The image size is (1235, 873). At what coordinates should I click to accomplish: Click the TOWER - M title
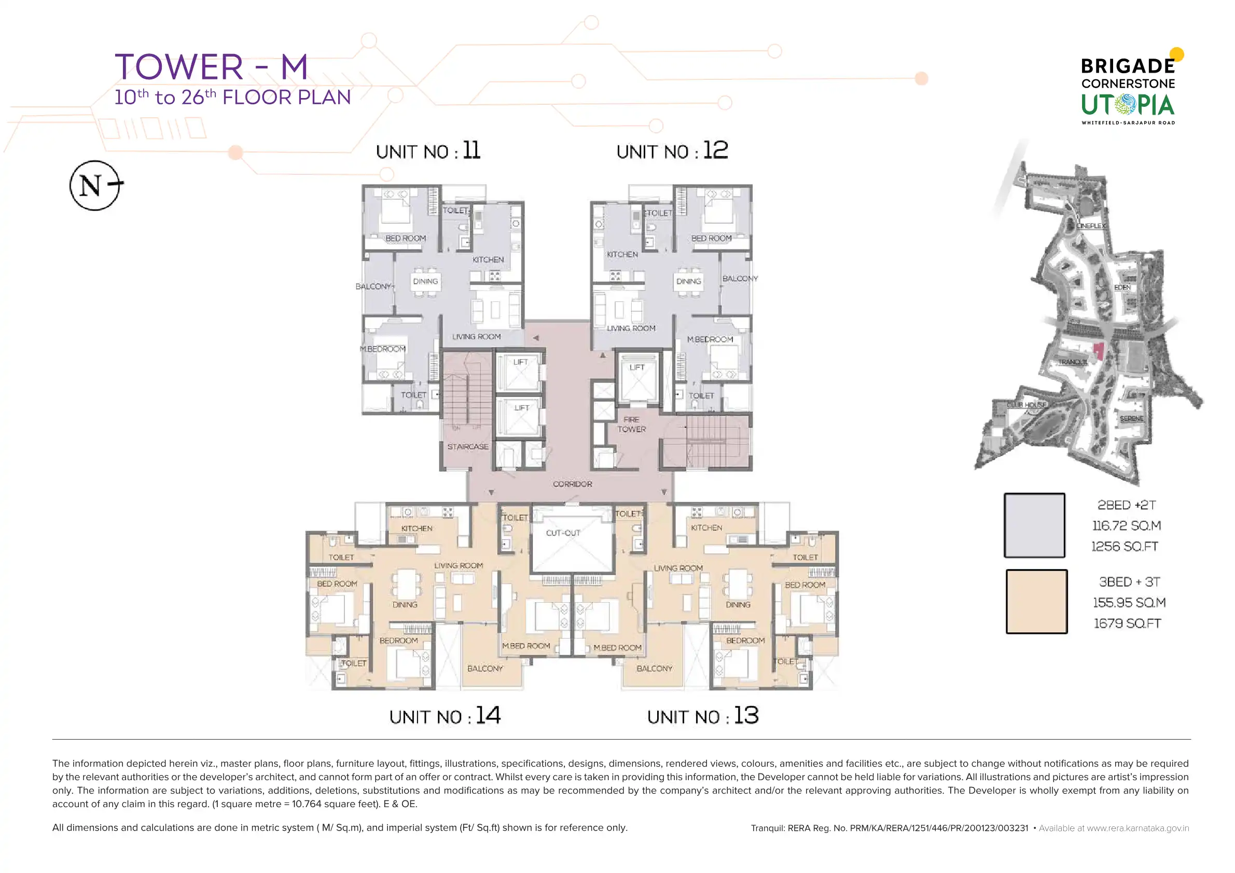point(212,67)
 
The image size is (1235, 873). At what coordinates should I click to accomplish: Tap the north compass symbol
point(95,186)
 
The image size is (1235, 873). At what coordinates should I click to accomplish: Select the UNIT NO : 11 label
point(428,151)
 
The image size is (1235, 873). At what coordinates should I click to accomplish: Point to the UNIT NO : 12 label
point(672,151)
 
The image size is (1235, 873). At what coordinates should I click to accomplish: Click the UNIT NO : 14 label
point(445,716)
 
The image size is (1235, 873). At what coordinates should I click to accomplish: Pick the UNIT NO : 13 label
point(703,716)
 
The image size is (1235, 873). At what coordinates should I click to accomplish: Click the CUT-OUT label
point(563,533)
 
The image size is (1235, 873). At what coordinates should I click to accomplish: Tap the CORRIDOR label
point(572,484)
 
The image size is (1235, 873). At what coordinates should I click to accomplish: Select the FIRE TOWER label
point(631,424)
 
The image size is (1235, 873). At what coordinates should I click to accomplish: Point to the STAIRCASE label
point(468,447)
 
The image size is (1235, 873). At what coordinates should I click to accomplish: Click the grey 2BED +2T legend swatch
point(1034,525)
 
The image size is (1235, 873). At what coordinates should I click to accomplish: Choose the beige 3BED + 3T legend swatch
point(1036,601)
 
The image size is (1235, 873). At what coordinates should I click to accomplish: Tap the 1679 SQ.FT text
point(1128,623)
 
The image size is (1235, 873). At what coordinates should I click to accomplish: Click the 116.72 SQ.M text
point(1127,525)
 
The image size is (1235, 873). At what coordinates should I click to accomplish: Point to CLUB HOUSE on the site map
point(1027,405)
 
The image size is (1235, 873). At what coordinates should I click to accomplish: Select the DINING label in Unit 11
point(425,281)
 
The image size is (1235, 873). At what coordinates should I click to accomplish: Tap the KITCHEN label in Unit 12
point(622,254)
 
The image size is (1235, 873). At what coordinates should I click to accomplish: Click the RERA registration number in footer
point(890,828)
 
